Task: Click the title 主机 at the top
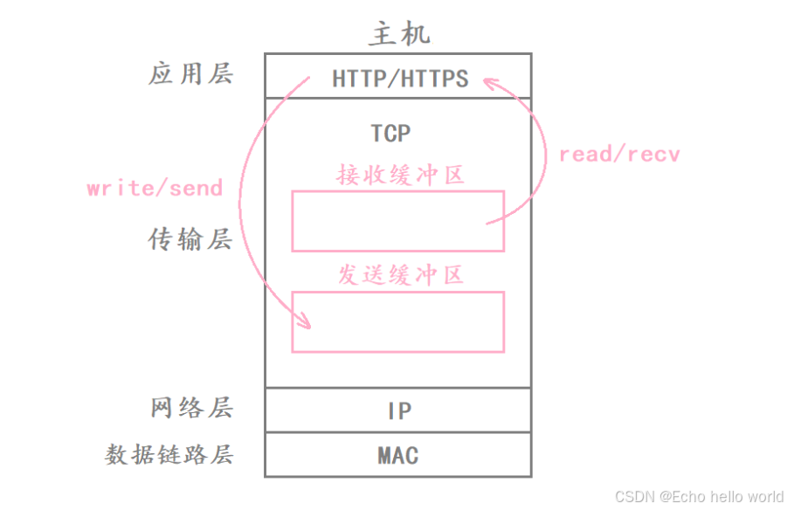tap(399, 33)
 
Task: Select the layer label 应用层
tap(191, 74)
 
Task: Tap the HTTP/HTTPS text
tap(400, 79)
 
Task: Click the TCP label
tap(390, 134)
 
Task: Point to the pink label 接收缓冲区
tap(399, 176)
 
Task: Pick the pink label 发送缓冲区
tap(399, 276)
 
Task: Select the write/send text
tap(155, 188)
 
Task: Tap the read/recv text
tap(619, 155)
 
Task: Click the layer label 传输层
tap(191, 239)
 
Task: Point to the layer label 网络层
tap(191, 409)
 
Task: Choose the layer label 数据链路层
tap(170, 455)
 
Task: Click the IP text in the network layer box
tap(399, 410)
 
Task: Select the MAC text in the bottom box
tap(398, 456)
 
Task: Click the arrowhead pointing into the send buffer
tap(305, 322)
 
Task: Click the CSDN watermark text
tap(635, 497)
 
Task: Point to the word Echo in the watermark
tap(687, 497)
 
